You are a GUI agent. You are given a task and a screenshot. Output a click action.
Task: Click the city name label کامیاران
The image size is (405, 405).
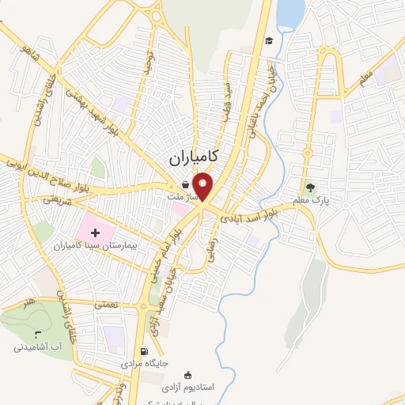coord(195,158)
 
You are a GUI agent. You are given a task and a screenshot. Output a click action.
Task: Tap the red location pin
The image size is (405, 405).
coord(204,187)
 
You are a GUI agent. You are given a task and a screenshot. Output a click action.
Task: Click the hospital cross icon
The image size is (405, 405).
coord(96,233)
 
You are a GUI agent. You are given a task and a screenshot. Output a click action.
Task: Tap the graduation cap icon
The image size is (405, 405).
coord(269,40)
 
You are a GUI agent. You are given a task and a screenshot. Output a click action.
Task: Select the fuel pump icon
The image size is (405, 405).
coord(143,352)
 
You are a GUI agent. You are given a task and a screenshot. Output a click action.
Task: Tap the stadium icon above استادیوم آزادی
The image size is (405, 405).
coord(187,375)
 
